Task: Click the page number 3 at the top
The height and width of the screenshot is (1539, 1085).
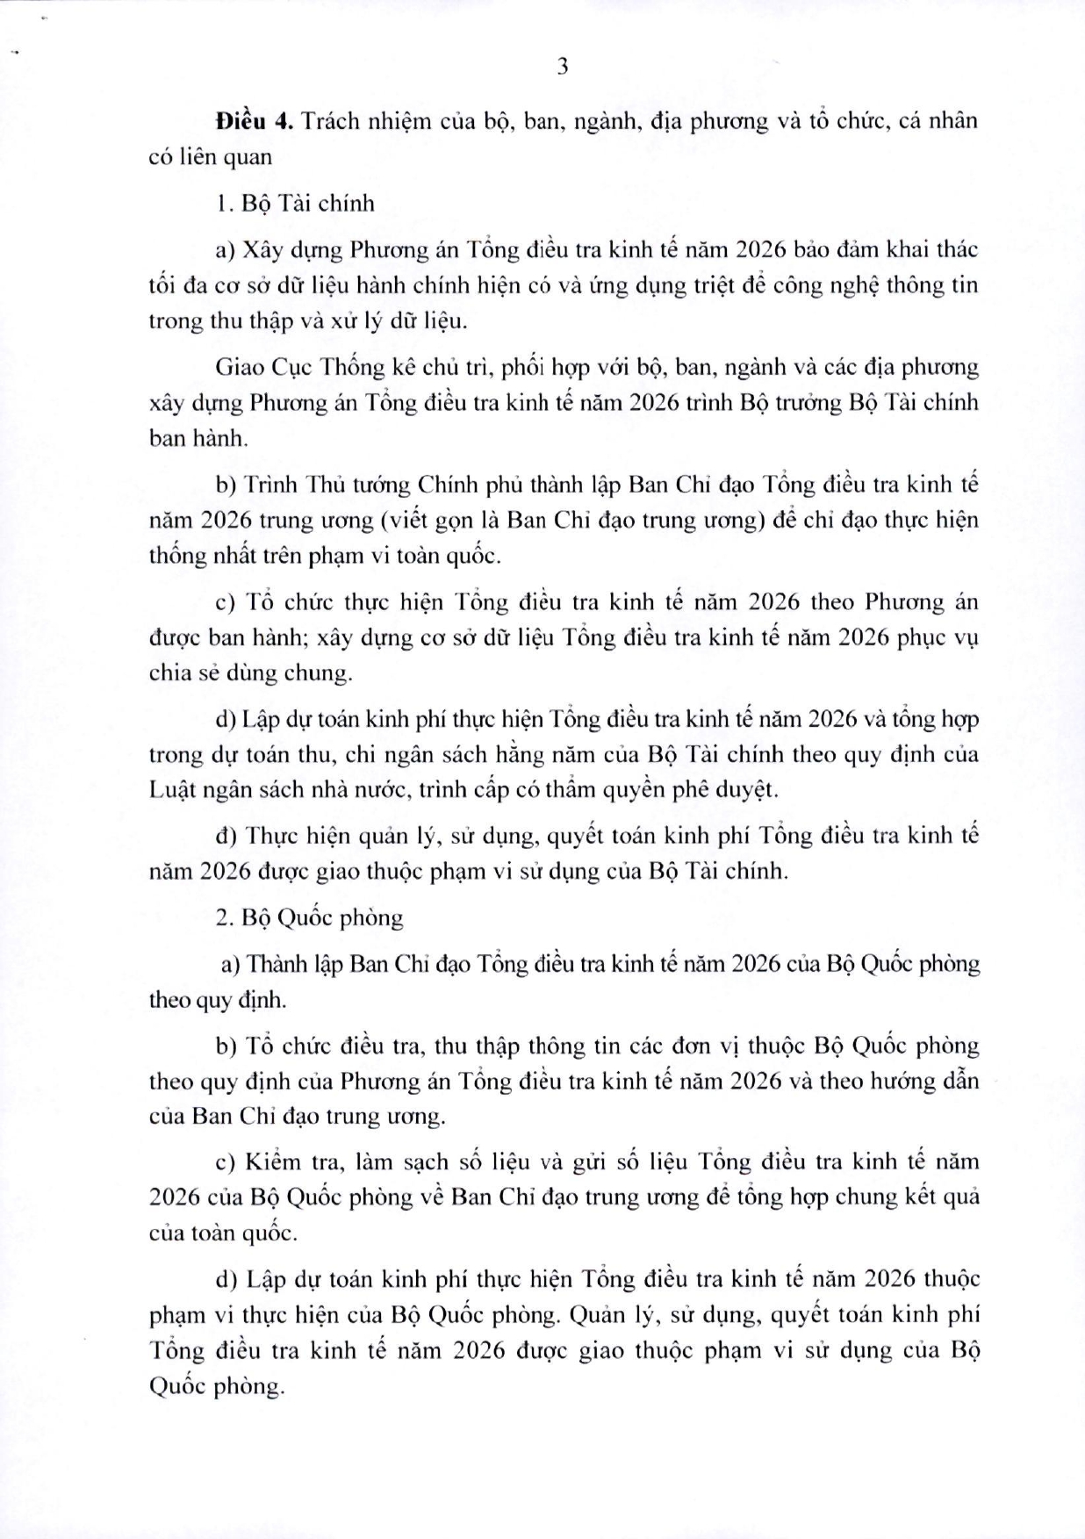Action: point(563,67)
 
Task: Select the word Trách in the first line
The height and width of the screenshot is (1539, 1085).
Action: point(329,121)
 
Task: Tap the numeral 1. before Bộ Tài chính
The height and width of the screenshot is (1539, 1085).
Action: point(222,204)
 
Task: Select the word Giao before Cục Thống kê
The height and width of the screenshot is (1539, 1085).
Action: point(240,367)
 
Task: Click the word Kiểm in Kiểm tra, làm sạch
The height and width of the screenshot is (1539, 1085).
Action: point(276,1161)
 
